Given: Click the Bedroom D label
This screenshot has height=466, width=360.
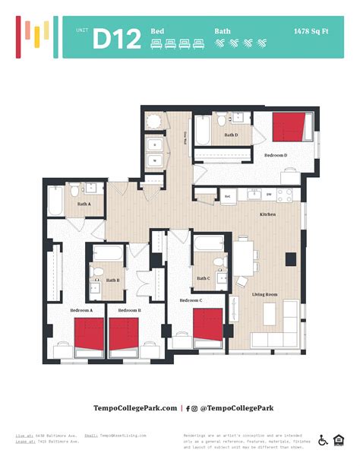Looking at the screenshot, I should (276, 155).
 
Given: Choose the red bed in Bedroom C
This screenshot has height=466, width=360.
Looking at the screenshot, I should (207, 325).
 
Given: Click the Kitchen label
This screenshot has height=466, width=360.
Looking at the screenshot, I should (268, 215).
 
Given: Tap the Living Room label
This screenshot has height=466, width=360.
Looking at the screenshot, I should (264, 294).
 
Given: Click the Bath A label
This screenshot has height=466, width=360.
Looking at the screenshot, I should (84, 204).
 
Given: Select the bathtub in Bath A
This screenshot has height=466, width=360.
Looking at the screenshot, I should (57, 201).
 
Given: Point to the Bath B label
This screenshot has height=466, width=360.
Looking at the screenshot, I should (112, 281).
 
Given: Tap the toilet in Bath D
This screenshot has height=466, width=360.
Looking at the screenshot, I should (220, 120).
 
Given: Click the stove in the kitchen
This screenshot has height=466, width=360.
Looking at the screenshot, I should (285, 195).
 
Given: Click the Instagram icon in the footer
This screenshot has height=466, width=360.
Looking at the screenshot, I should (195, 408).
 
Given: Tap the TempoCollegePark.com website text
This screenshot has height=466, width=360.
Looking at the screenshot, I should (135, 408).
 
